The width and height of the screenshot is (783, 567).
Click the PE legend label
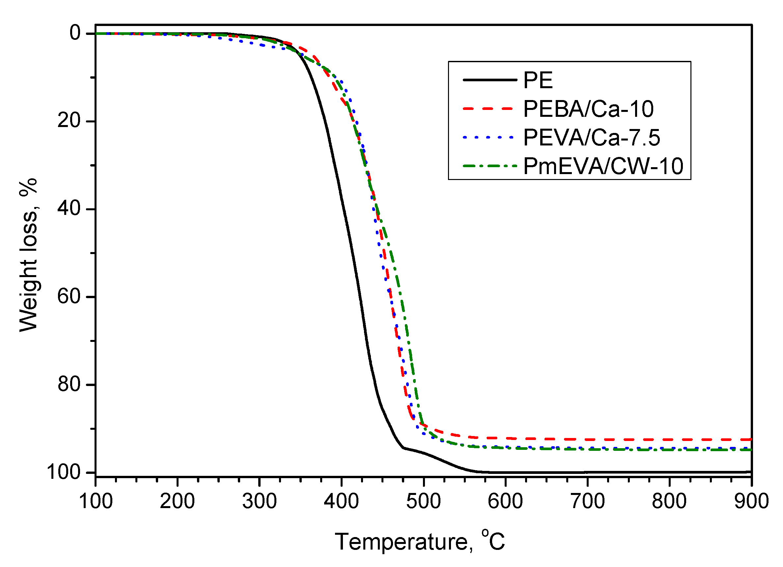tap(538, 80)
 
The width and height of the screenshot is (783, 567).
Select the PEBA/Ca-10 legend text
tap(588, 109)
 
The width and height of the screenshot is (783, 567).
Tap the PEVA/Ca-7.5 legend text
tap(591, 138)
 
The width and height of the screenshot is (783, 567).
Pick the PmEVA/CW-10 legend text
tap(603, 166)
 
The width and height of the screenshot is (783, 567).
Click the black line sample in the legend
tap(489, 80)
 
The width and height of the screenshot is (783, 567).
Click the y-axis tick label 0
tap(75, 33)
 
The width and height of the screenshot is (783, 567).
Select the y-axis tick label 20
tap(69, 121)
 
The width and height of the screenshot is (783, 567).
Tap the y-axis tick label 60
tap(69, 296)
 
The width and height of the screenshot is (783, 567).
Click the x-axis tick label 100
tap(96, 501)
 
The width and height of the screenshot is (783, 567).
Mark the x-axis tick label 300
tap(260, 501)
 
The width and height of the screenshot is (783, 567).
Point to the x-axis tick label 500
tap(424, 501)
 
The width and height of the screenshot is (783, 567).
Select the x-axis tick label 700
tap(588, 501)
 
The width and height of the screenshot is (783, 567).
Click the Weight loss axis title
tap(28, 255)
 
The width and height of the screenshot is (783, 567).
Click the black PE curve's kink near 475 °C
tap(404, 448)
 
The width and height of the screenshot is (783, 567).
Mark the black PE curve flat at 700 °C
tap(588, 472)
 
